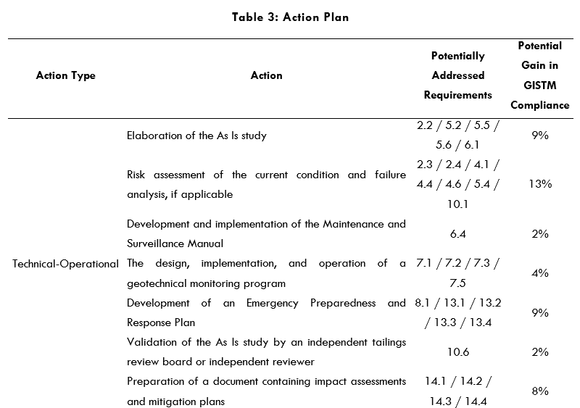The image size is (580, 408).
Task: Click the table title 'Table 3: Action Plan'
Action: pos(290,17)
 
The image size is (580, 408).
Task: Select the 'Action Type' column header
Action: pos(65,75)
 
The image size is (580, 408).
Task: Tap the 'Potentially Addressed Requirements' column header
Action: pos(457,75)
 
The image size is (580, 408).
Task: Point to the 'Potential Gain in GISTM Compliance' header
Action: pos(539,75)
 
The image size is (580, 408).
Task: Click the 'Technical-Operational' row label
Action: pos(65,264)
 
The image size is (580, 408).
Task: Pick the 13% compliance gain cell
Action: pos(539,184)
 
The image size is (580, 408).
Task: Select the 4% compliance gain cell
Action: pos(539,273)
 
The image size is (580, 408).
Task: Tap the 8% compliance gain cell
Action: pos(539,391)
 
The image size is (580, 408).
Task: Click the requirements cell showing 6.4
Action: pos(457,234)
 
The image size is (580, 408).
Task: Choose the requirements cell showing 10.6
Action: pos(457,351)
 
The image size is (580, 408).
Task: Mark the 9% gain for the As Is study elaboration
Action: pos(539,135)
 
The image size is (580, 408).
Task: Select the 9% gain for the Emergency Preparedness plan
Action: pos(539,313)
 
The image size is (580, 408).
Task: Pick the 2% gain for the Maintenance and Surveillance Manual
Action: pos(539,234)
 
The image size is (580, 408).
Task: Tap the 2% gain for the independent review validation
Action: pos(539,351)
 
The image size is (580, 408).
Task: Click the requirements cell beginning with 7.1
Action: pos(457,273)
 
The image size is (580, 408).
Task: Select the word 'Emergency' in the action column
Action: pos(274,303)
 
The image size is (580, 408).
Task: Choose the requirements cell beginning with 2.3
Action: pos(457,184)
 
